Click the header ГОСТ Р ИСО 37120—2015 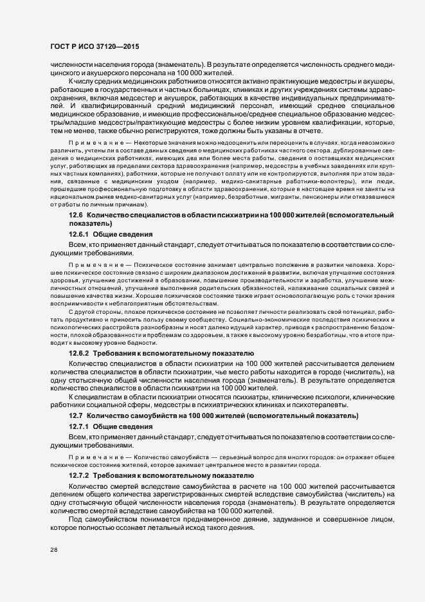[x=95, y=47]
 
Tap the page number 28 [x=54, y=550]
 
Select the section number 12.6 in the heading [x=76, y=214]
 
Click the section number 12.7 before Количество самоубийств [x=76, y=416]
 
